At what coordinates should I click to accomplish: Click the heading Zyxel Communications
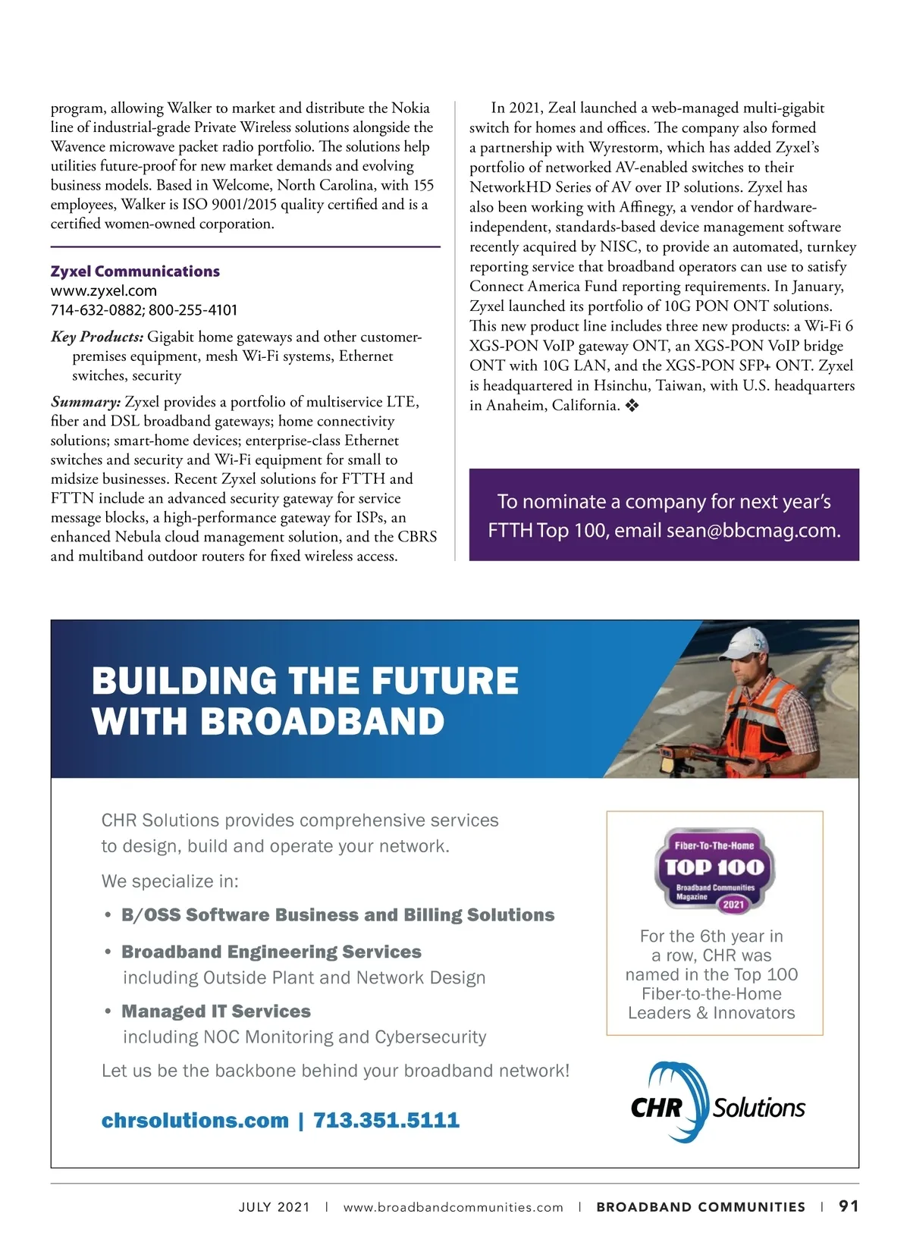(x=135, y=271)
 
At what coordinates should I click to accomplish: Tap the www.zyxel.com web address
(x=104, y=290)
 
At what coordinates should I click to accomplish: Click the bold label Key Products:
(x=97, y=337)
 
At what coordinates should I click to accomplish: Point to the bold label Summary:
(x=86, y=402)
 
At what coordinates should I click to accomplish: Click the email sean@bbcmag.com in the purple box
(x=753, y=530)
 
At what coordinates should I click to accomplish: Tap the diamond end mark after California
(x=632, y=406)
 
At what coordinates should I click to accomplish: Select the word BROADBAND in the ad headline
(x=322, y=721)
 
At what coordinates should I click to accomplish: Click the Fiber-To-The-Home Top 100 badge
(x=714, y=870)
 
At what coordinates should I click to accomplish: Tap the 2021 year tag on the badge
(x=733, y=904)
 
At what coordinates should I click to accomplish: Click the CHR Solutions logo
(x=717, y=1103)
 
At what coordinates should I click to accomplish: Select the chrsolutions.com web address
(x=195, y=1120)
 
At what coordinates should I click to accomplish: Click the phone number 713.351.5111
(x=386, y=1120)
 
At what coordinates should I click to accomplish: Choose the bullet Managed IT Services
(x=216, y=1011)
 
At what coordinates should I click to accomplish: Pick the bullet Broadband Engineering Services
(x=271, y=952)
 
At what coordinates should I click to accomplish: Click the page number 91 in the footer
(x=849, y=1206)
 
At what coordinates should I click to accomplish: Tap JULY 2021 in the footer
(x=274, y=1207)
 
